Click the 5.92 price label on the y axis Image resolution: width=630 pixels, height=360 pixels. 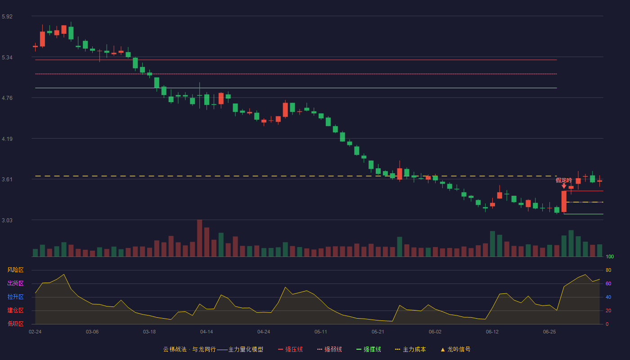click(x=7, y=17)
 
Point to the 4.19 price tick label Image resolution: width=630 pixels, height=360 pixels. click(x=7, y=139)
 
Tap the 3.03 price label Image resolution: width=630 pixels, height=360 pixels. click(x=7, y=220)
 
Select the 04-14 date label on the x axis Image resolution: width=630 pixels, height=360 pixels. click(x=207, y=332)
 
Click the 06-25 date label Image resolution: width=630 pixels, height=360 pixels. click(x=549, y=332)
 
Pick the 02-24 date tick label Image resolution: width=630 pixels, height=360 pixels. click(x=35, y=332)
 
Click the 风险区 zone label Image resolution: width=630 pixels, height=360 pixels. click(x=15, y=270)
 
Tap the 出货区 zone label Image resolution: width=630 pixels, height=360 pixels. click(x=15, y=283)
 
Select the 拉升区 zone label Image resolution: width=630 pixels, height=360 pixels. click(x=15, y=297)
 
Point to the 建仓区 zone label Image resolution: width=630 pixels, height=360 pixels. click(x=15, y=310)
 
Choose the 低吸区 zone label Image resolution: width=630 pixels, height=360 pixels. click(x=15, y=324)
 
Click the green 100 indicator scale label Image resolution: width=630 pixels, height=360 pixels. click(x=610, y=257)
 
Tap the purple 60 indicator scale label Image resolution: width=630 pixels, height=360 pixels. click(x=608, y=284)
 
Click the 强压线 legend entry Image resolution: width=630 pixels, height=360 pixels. click(x=290, y=349)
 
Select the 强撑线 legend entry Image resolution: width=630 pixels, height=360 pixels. click(x=369, y=349)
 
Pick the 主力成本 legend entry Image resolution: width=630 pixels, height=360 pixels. click(x=410, y=349)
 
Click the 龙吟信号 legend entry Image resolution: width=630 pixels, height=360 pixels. click(x=455, y=349)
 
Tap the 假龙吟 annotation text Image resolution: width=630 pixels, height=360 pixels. click(x=564, y=180)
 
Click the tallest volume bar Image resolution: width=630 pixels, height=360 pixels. click(x=200, y=238)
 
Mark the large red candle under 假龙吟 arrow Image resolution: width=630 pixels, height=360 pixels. click(x=564, y=202)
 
